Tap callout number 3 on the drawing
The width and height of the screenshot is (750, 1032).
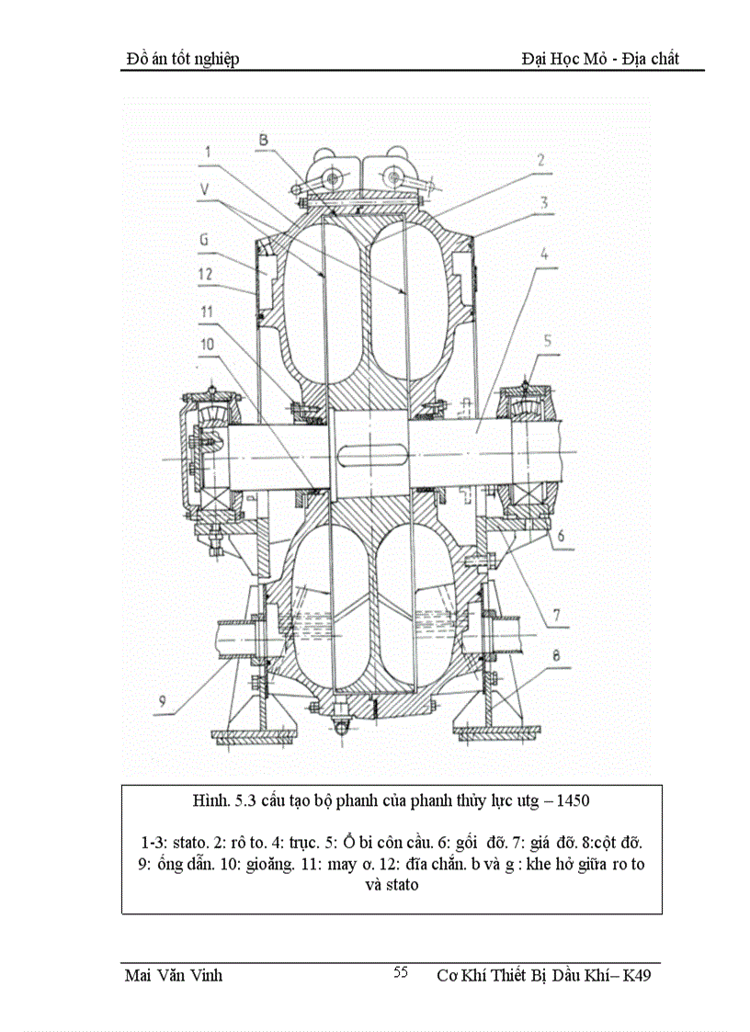[x=544, y=200]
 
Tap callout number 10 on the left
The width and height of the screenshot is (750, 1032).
[x=209, y=345]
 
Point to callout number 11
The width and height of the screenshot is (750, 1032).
[x=209, y=312]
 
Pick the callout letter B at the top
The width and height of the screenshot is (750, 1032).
[x=263, y=140]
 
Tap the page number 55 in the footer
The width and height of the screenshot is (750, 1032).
[x=401, y=972]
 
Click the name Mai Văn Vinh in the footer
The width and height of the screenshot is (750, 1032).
[x=173, y=975]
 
